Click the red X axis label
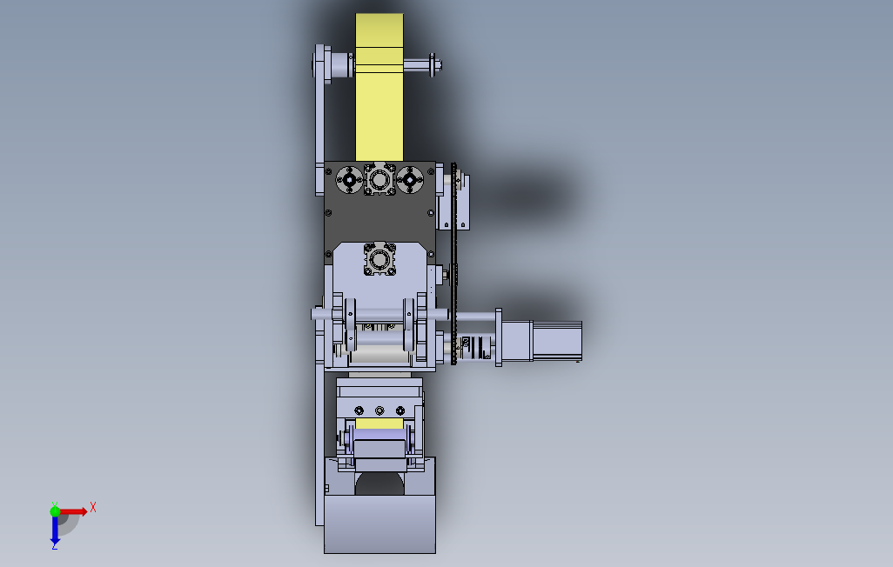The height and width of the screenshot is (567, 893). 93,507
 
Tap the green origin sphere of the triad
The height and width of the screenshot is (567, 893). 55,511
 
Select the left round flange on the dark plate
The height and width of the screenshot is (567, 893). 349,180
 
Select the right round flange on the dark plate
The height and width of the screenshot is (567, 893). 409,180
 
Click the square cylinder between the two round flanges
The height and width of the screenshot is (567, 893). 379,179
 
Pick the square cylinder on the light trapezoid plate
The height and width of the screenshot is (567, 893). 379,260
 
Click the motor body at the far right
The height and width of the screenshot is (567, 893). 556,340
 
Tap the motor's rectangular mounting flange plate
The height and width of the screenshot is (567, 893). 499,337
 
